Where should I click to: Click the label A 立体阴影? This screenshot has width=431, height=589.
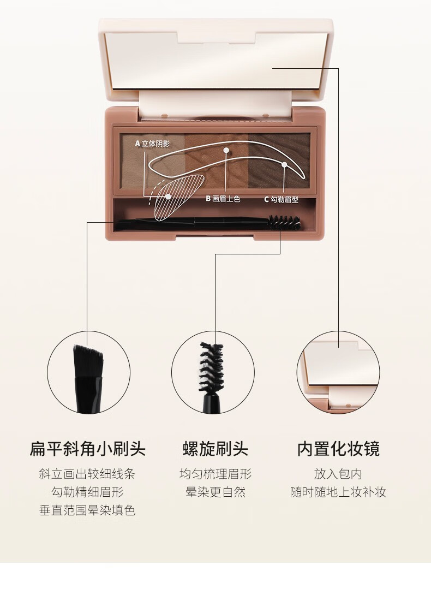[x=152, y=144]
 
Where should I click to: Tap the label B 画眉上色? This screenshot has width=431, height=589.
[x=223, y=199]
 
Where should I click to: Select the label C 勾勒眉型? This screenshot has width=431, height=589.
[x=281, y=199]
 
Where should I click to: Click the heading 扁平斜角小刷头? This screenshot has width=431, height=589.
[x=87, y=449]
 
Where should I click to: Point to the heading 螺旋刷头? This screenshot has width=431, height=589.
[x=215, y=449]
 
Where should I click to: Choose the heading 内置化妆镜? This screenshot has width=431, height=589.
[x=338, y=449]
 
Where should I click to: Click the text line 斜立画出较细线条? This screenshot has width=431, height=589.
[x=87, y=474]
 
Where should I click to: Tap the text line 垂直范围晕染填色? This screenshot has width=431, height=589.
[x=87, y=510]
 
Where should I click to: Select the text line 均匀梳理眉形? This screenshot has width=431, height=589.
[x=215, y=474]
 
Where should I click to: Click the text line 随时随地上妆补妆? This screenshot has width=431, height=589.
[x=338, y=492]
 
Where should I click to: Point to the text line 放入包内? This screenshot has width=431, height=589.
[x=338, y=474]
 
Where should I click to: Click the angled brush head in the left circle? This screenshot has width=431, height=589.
[x=88, y=361]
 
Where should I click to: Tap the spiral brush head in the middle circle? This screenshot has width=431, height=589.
[x=211, y=368]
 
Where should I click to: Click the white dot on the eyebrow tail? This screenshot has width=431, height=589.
[x=284, y=164]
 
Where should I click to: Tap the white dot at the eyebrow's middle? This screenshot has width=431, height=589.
[x=226, y=150]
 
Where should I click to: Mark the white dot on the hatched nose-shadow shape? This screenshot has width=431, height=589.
[x=168, y=197]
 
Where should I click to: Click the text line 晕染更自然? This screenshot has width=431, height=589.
[x=215, y=492]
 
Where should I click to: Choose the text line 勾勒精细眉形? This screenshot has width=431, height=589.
[x=87, y=492]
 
